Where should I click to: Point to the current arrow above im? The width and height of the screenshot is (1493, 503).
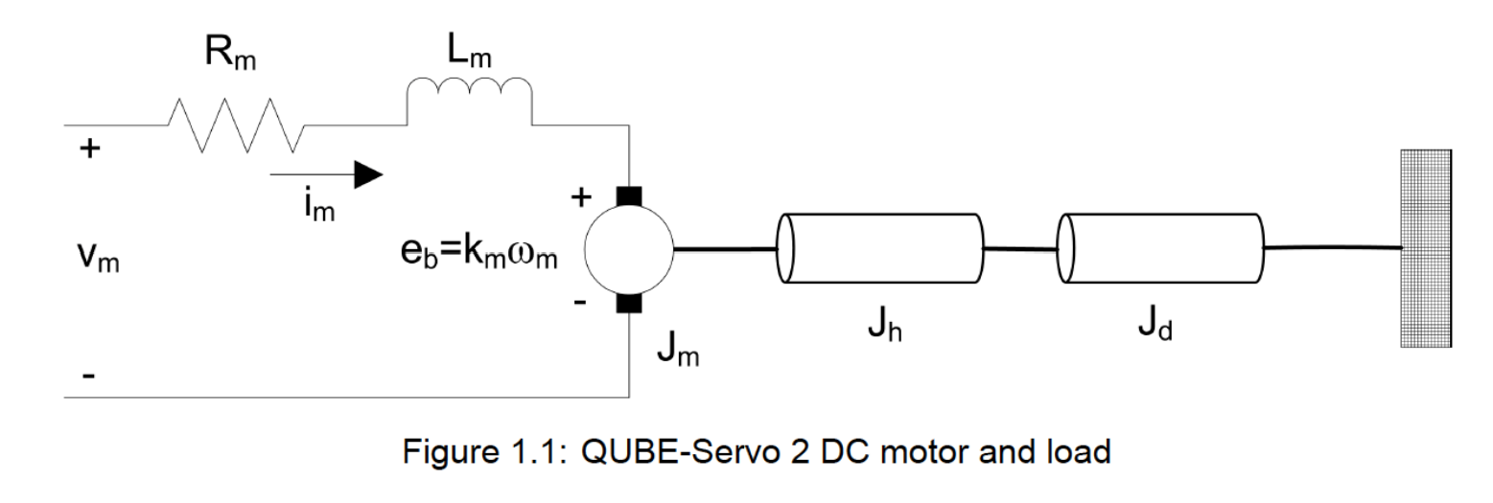click(327, 175)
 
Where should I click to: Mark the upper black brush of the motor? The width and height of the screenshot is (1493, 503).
click(630, 196)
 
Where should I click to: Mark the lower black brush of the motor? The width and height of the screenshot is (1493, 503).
click(630, 304)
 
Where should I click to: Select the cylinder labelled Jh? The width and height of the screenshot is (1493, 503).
click(879, 248)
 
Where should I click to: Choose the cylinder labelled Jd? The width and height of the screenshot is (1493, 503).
click(1159, 248)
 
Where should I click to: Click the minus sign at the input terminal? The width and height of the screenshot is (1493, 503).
click(87, 377)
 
